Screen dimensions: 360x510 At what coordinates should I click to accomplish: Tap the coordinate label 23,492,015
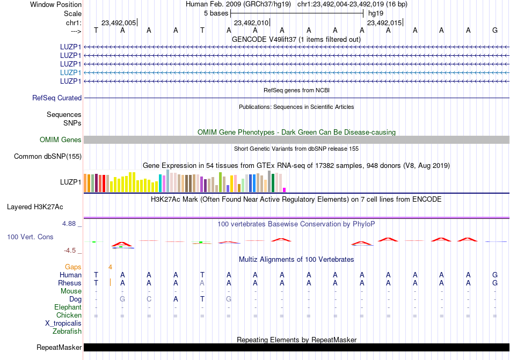coord(384,23)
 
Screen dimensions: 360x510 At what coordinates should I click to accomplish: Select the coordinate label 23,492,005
coord(119,23)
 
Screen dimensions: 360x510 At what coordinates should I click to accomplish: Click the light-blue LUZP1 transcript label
coord(71,72)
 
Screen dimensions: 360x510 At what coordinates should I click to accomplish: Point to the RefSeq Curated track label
coord(57,98)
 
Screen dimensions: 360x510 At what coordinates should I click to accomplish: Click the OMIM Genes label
coord(61,140)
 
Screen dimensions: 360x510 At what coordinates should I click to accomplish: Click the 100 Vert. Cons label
coord(30,237)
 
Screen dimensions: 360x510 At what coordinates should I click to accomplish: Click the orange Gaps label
coord(73,267)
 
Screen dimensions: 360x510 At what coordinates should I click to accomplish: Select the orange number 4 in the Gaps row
coord(110,267)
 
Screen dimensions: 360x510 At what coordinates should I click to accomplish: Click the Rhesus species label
coord(70,283)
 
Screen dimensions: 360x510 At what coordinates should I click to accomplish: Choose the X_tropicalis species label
coord(63,323)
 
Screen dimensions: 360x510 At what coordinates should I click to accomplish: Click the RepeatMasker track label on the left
coord(59,347)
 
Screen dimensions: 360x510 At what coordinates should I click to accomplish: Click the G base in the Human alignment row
coord(495,275)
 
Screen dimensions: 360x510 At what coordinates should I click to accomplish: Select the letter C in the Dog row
coord(149,299)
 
